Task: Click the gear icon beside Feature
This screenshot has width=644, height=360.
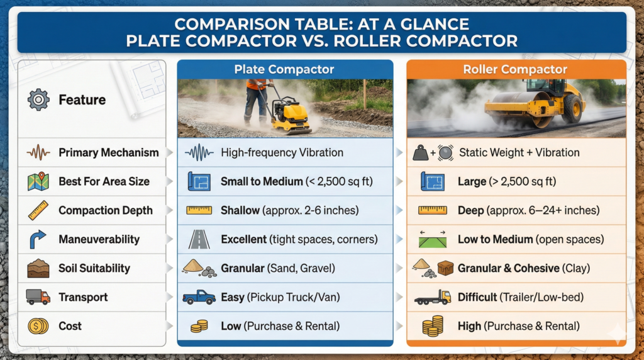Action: [39, 99]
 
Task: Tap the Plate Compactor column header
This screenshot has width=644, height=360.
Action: [284, 69]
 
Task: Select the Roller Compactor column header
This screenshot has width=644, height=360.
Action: [515, 69]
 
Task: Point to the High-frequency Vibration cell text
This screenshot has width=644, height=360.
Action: [282, 152]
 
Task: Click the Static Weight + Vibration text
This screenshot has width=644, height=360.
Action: [519, 152]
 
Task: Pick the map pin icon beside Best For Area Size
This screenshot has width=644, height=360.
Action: [38, 181]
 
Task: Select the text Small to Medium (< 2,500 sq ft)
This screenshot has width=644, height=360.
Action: [297, 181]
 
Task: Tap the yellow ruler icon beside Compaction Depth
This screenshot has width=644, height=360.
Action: [38, 210]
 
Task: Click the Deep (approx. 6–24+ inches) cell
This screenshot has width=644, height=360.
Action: [528, 210]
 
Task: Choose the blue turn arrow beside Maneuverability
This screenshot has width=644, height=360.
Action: [38, 239]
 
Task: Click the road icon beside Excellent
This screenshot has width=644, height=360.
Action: [199, 239]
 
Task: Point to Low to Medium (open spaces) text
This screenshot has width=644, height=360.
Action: [531, 239]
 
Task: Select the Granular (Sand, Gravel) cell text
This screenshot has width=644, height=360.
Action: [278, 268]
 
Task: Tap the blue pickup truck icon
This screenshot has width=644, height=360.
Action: [199, 297]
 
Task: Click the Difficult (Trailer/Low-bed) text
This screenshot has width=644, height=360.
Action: [520, 297]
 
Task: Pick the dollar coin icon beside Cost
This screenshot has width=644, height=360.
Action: [38, 326]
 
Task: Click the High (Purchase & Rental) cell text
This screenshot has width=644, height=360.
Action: [518, 326]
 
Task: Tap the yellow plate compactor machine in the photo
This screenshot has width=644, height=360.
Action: [291, 116]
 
